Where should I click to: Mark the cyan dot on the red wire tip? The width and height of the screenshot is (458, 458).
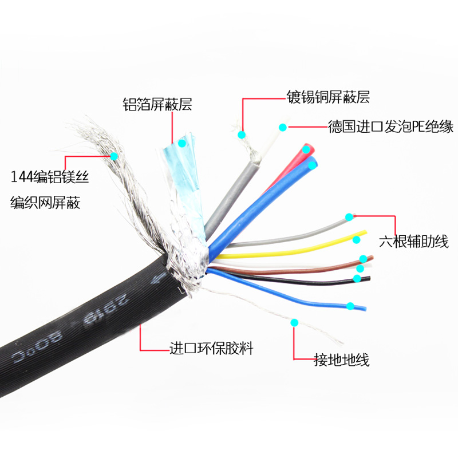point(308,150)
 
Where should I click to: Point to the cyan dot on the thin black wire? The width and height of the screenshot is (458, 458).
point(357,279)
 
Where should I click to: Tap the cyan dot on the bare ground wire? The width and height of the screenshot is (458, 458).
point(295,323)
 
